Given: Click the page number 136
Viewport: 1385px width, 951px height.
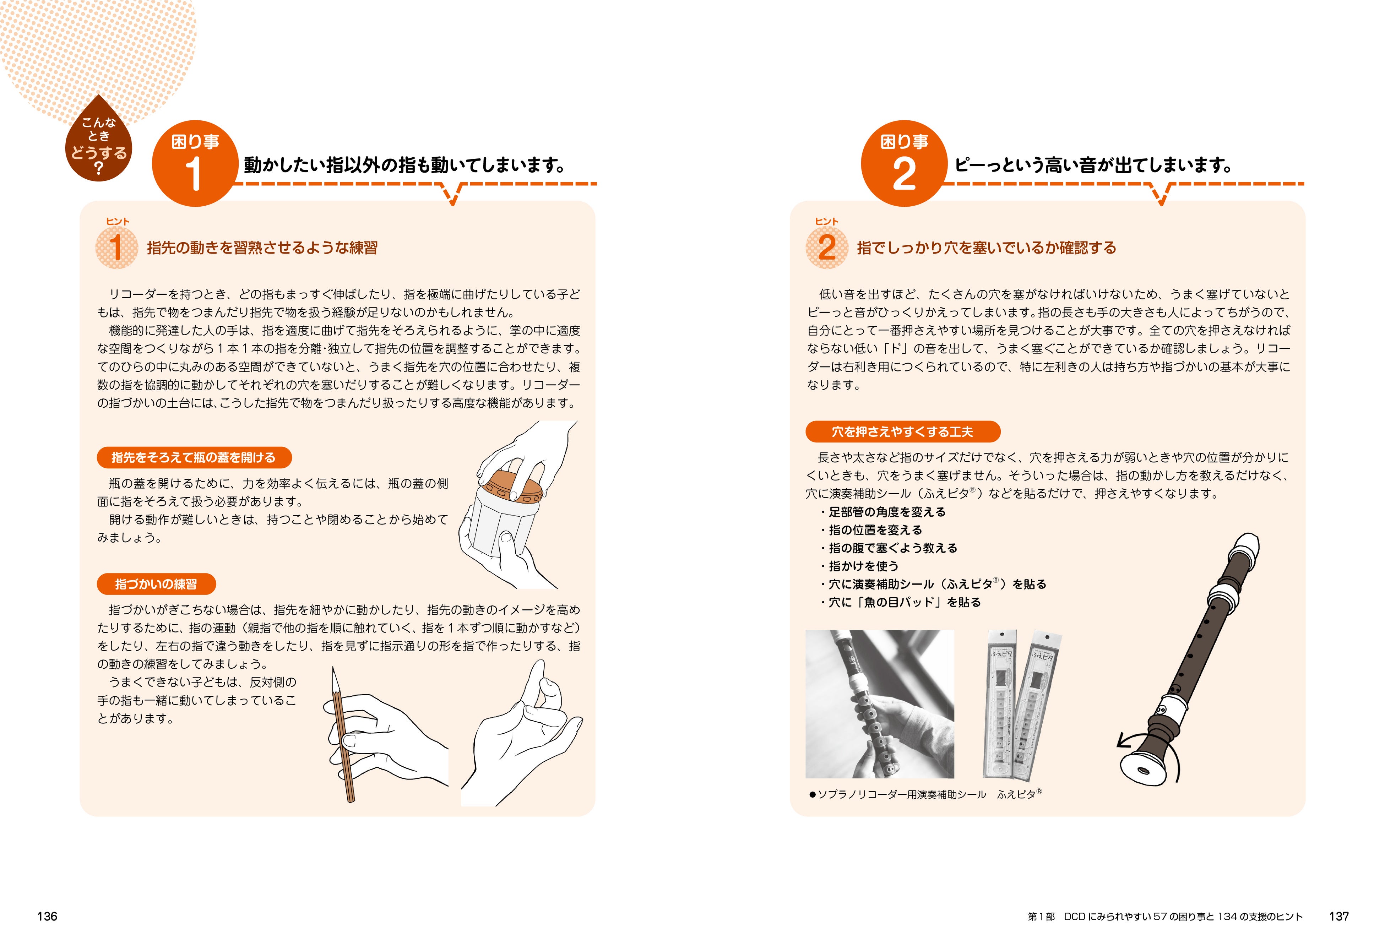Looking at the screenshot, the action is (x=47, y=917).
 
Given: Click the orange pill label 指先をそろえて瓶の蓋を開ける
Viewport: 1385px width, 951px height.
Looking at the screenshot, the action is (x=194, y=458).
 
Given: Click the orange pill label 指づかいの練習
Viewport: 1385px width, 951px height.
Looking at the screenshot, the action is (x=156, y=584).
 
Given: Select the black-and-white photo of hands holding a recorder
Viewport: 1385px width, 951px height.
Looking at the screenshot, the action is (x=880, y=704).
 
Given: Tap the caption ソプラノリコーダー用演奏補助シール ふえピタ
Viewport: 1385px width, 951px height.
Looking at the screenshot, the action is (x=925, y=794).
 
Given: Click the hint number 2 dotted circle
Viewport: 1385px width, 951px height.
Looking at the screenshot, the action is (x=827, y=247).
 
